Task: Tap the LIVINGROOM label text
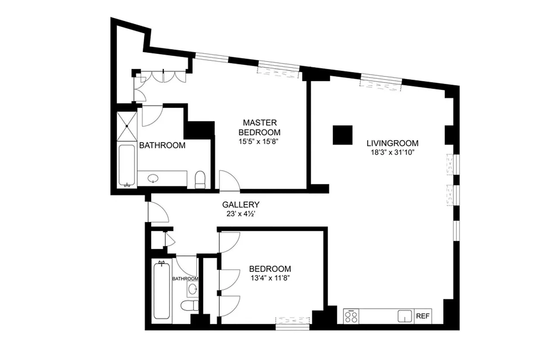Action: coord(392,144)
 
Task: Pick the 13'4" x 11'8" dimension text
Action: coord(270,278)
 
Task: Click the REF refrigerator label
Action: coord(422,316)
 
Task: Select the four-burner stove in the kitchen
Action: coord(351,316)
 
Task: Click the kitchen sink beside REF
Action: coord(405,316)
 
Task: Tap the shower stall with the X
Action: coord(126,126)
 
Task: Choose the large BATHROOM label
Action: coord(162,145)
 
